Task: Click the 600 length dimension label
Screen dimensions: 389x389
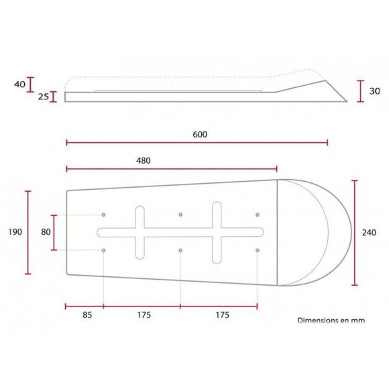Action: click(x=200, y=134)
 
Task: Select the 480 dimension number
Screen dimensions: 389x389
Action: click(x=144, y=161)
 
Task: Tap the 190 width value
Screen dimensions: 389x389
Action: click(x=15, y=232)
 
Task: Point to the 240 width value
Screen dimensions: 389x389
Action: click(x=369, y=233)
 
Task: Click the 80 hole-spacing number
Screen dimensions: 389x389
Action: click(x=46, y=232)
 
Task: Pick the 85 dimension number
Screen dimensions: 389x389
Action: click(x=87, y=315)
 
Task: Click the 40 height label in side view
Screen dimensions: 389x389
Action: click(x=19, y=85)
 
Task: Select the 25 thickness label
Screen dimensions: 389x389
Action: click(x=44, y=97)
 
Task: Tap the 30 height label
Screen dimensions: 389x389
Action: click(x=375, y=91)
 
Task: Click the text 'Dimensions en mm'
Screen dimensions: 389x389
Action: click(x=331, y=321)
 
